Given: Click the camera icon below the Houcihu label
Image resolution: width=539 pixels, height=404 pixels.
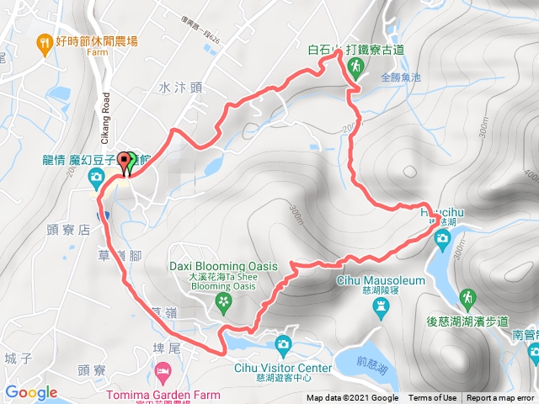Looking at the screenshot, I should coord(441,240).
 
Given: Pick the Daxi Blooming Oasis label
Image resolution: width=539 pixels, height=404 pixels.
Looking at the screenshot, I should coord(223,266).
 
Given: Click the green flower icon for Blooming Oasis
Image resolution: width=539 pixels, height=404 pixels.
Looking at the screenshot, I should coord(223,300).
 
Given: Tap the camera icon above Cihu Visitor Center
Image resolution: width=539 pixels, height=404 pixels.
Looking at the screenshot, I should coord(283,343).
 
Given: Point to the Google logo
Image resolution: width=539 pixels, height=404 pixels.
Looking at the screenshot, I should coord(30,392).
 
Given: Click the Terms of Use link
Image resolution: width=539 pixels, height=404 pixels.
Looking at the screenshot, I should coord(433,398).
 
